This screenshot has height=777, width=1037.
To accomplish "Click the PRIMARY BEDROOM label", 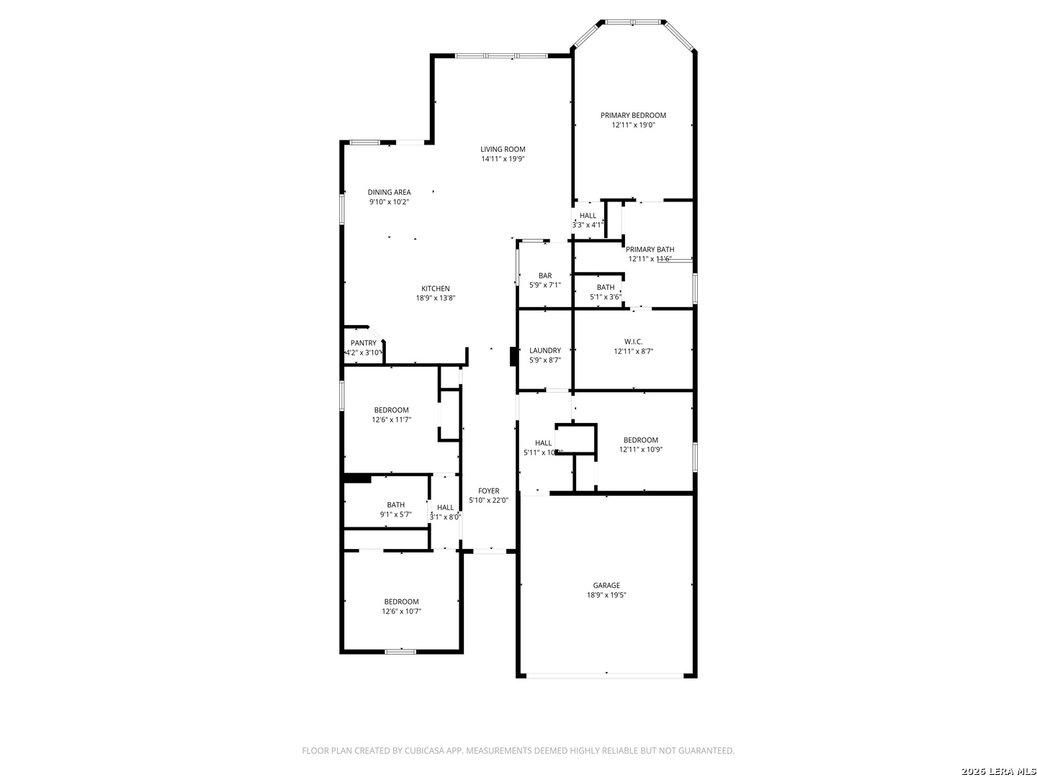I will pos(633,115).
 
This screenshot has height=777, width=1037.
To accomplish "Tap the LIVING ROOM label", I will pos(503,150).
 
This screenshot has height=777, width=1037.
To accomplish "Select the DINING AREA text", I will pos(389,192).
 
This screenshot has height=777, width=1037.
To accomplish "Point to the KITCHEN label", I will pos(436,288).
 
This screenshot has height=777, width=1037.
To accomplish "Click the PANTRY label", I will pos(363,343).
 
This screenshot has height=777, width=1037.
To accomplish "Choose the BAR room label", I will pos(545,276).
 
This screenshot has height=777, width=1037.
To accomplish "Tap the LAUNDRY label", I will pos(544,350).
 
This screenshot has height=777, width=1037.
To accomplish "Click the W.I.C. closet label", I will pos(633,342).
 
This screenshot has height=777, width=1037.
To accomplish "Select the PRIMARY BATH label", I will pos(650,250).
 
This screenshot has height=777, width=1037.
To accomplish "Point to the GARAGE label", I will pos(606,586).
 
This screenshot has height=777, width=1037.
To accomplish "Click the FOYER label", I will pos(488,491).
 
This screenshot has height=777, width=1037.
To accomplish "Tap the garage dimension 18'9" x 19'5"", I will pos(606,595).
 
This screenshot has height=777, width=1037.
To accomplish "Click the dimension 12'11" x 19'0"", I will pos(633,124).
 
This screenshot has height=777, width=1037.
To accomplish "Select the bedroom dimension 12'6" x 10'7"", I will pos(401,612).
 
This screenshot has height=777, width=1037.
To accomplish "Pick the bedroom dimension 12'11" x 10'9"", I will pos(640,450).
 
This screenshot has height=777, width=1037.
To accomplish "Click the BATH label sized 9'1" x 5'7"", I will pos(395,505).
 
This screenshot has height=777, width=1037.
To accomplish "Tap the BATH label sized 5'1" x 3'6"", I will pos(606,288).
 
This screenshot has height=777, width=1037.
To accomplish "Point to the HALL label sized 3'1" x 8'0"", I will pos(445,507).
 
